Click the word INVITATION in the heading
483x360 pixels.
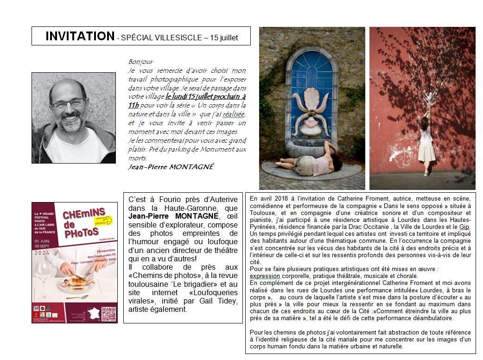pos(80,36)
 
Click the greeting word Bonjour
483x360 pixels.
pos(140,62)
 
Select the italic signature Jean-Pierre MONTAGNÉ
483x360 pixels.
pos(171,167)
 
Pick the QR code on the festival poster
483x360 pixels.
pos(108,314)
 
